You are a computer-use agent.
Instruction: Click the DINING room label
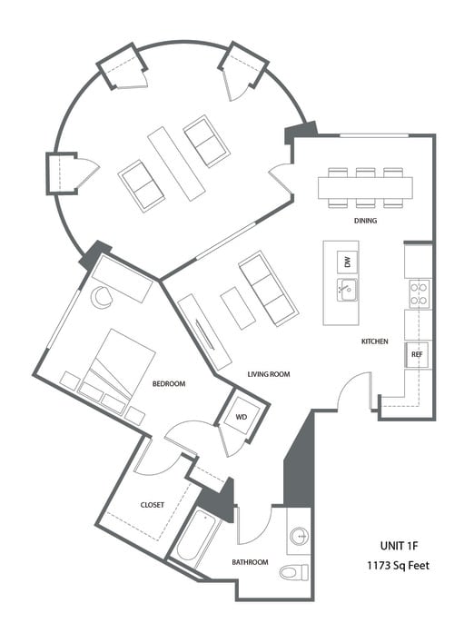pyautogui.click(x=366, y=221)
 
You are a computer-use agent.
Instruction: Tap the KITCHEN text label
pyautogui.click(x=374, y=341)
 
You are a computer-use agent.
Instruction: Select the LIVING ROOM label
pyautogui.click(x=269, y=373)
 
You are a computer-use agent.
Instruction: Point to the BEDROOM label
pyautogui.click(x=168, y=384)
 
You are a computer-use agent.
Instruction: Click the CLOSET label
pyautogui.click(x=152, y=505)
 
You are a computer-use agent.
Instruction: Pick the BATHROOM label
pyautogui.click(x=250, y=562)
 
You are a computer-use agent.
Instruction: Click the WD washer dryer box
pyautogui.click(x=242, y=418)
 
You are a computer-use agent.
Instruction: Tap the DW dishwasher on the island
pyautogui.click(x=346, y=262)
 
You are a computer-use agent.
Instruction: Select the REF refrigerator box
pyautogui.click(x=417, y=353)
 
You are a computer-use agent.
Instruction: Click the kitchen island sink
pyautogui.click(x=346, y=291)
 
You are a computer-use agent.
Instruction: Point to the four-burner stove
pyautogui.click(x=418, y=292)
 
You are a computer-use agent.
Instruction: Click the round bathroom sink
pyautogui.click(x=300, y=538)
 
